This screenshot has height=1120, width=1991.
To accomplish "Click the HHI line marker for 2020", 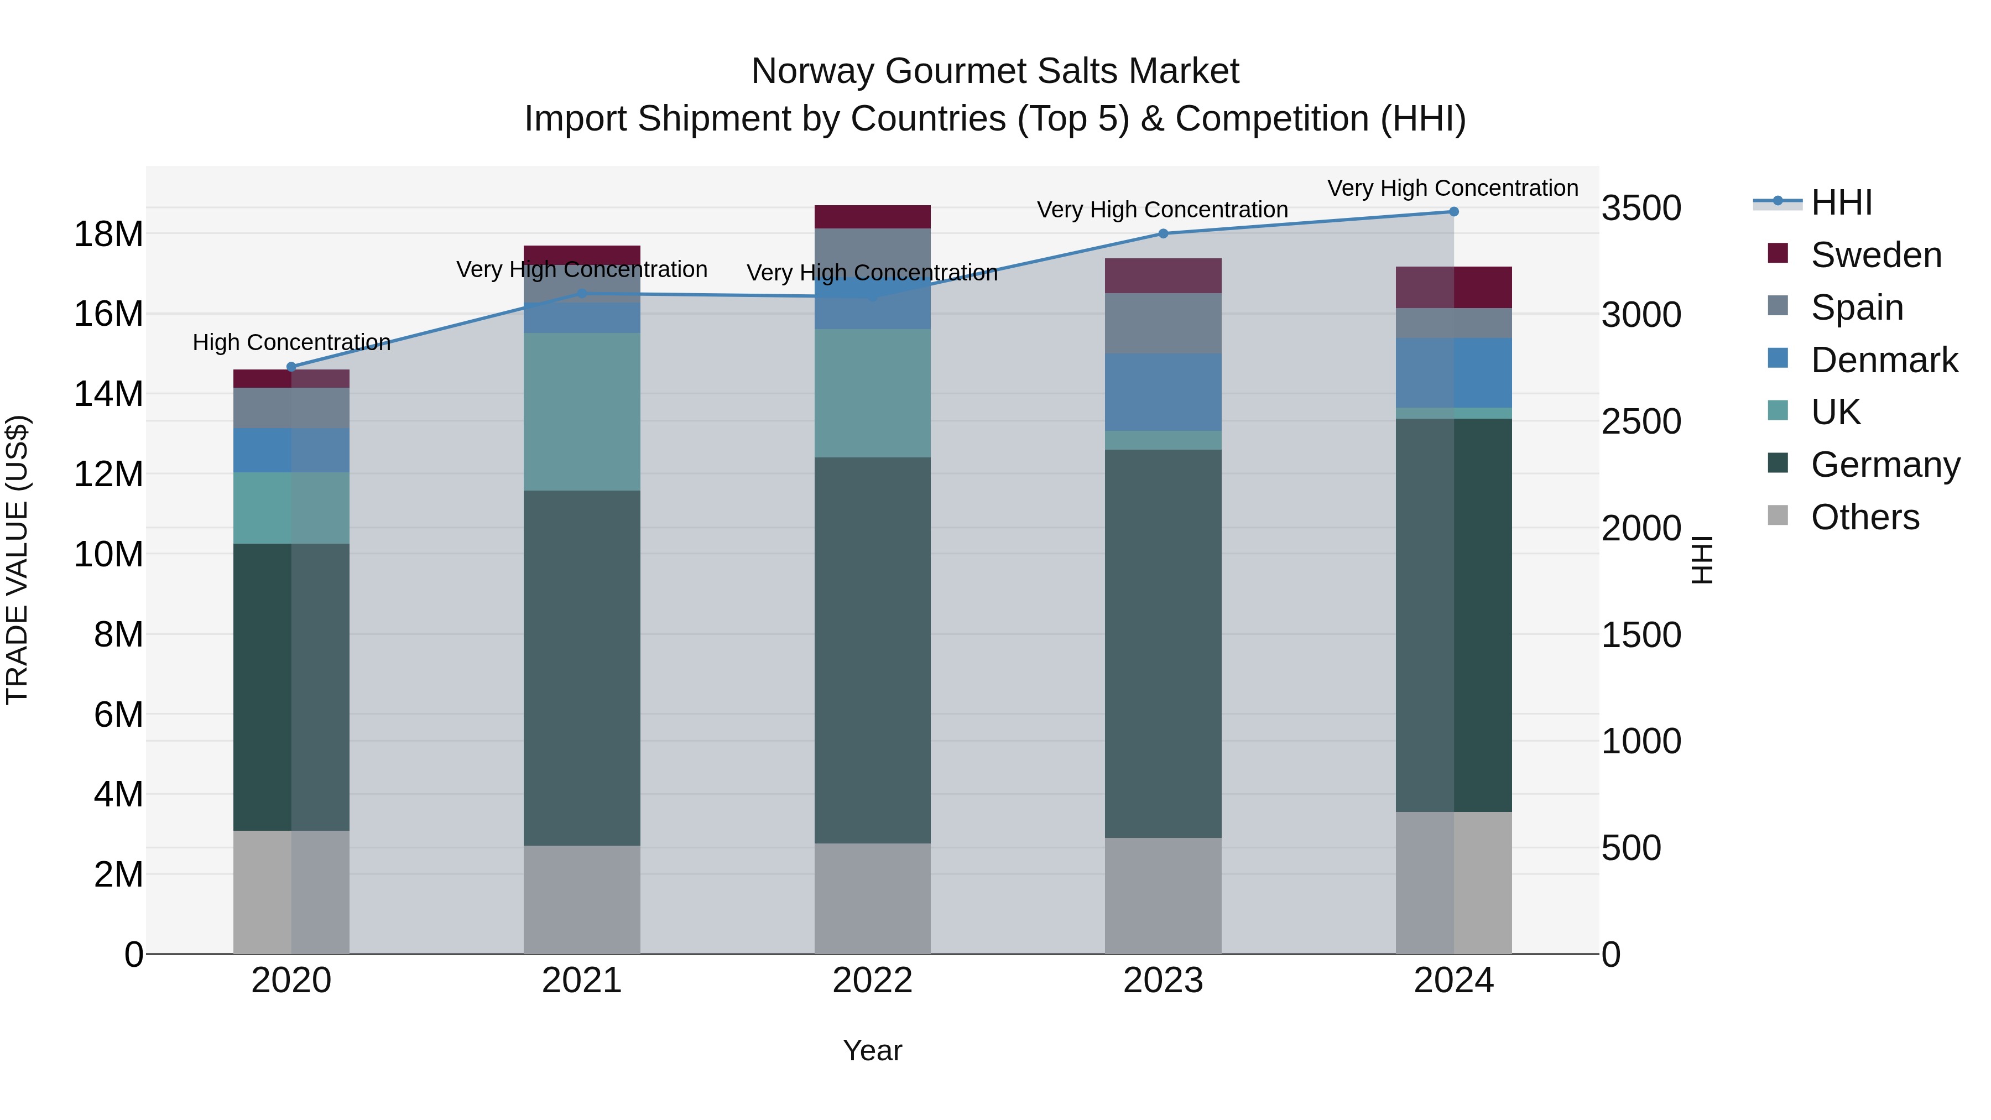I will [x=291, y=367].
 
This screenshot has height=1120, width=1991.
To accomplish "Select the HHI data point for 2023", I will [x=1163, y=233].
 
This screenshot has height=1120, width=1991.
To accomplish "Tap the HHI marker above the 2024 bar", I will [x=1454, y=212].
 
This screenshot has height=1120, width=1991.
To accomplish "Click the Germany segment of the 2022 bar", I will [x=873, y=649].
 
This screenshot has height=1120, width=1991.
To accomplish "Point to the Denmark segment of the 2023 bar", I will [x=1163, y=392].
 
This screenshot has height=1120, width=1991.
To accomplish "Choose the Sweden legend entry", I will [x=1876, y=255].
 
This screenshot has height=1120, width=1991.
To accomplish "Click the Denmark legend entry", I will [x=1884, y=360].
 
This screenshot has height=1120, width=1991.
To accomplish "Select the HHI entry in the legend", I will [x=1841, y=202].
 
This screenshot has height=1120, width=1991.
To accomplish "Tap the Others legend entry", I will [x=1864, y=517].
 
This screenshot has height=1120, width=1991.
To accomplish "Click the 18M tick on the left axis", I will [x=108, y=234].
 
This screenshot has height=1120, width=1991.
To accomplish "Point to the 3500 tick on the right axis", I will [x=1641, y=208].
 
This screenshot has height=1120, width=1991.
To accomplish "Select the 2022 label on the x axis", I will [x=873, y=981].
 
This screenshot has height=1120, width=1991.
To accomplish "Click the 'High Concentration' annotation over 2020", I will [x=291, y=342].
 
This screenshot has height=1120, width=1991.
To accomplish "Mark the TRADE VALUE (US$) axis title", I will [x=17, y=560].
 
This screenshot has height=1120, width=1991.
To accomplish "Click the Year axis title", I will [x=873, y=1050].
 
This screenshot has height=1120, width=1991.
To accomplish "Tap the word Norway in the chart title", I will [x=812, y=71].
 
